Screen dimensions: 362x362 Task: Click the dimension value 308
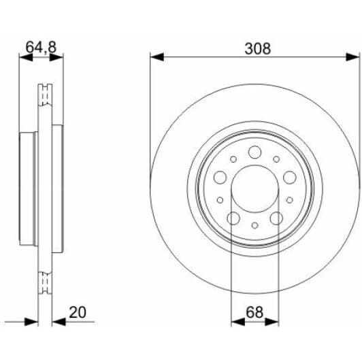click(257, 49)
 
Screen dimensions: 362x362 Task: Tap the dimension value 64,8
click(41, 48)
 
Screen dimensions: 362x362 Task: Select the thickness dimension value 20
click(78, 312)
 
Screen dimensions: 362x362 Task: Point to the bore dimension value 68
click(254, 312)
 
